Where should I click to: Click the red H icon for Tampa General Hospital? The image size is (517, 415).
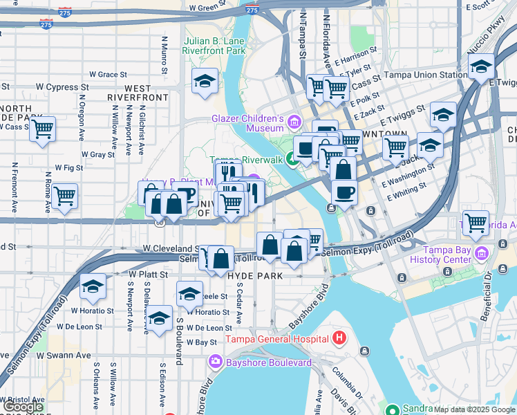[339, 339]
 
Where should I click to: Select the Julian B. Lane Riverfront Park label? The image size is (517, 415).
[215, 46]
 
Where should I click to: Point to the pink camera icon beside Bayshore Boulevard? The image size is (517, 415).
[216, 362]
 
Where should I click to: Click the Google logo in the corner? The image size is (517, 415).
[23, 407]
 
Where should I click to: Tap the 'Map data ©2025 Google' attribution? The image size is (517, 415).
[474, 409]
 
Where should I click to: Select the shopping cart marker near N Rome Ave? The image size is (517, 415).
[65, 196]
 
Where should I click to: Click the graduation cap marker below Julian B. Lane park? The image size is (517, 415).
[205, 82]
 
